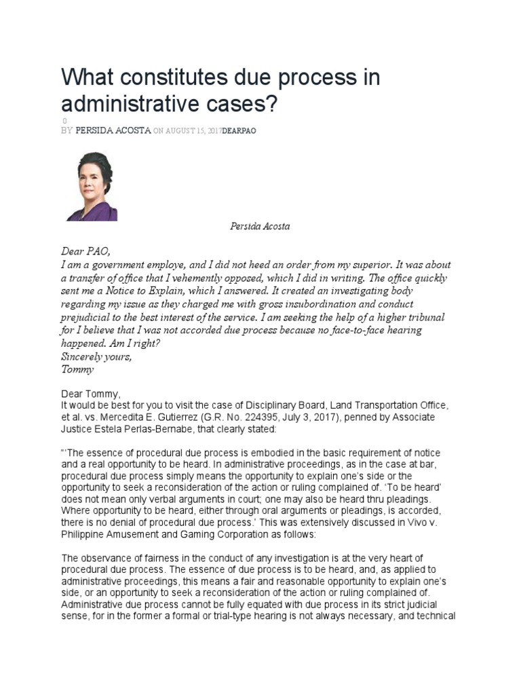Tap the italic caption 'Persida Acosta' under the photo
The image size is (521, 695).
260,226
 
